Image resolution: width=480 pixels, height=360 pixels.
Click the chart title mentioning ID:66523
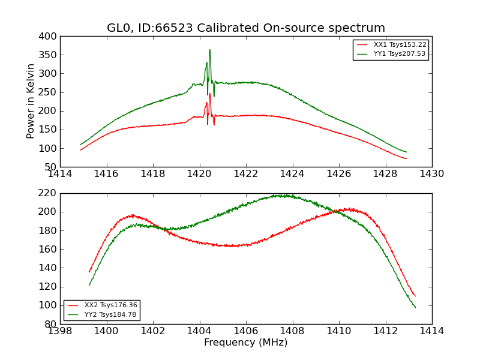point(246,28)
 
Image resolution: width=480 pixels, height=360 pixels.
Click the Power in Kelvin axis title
point(31,101)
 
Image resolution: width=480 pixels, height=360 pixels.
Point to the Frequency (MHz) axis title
point(246,343)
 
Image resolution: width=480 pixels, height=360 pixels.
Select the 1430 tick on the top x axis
point(432,174)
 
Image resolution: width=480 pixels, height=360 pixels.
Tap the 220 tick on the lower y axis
point(49,193)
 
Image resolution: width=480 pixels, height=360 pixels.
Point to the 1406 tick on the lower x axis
point(246,331)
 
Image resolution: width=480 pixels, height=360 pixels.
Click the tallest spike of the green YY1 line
point(209,50)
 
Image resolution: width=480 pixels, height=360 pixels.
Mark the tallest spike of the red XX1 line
point(210,94)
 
